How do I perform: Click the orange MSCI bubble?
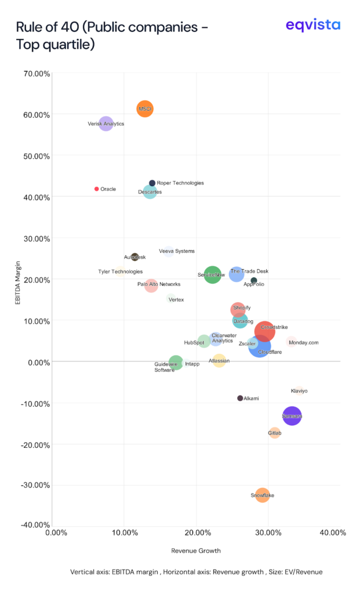point(145,108)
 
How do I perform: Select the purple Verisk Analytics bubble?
point(106,123)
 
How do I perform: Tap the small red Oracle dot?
point(97,189)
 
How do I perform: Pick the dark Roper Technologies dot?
point(152,183)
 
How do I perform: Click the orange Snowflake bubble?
point(263,495)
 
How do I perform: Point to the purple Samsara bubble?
point(292,416)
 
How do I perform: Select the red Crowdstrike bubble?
point(264,331)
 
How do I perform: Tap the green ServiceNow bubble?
point(212,275)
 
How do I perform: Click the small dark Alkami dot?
point(240,398)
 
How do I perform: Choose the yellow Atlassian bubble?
point(219,361)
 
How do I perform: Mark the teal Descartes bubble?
point(150,191)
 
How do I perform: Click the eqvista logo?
point(313,26)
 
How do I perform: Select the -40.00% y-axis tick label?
point(34,526)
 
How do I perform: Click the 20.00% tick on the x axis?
point(197,533)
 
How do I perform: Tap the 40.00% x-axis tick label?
point(333,533)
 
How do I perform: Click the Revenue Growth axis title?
point(196,550)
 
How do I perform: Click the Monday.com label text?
point(304,343)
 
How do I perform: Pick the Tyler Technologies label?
point(120,271)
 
